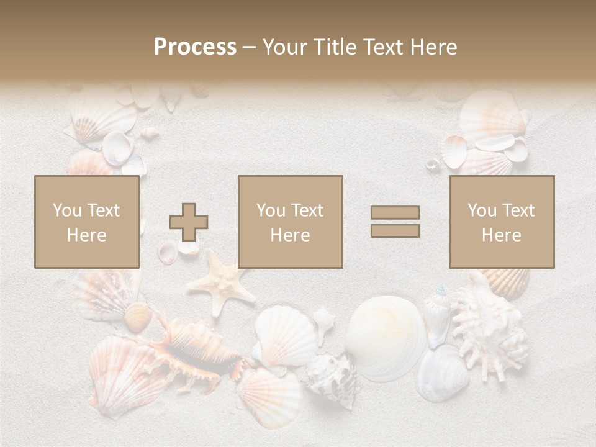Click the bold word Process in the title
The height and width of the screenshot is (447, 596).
pyautogui.click(x=195, y=47)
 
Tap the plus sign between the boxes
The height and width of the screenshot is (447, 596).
pyautogui.click(x=189, y=222)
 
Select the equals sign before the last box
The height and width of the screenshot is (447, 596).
pyautogui.click(x=395, y=222)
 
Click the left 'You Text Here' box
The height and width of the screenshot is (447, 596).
pyautogui.click(x=87, y=222)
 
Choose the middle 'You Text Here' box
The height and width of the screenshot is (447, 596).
pyautogui.click(x=291, y=222)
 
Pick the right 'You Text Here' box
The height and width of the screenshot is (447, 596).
pyautogui.click(x=502, y=222)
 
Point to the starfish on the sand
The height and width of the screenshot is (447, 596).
pyautogui.click(x=220, y=282)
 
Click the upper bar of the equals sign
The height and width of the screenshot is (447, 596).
pyautogui.click(x=395, y=212)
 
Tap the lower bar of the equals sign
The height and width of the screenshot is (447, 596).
pyautogui.click(x=395, y=230)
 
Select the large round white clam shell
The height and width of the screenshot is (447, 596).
pyautogui.click(x=385, y=338)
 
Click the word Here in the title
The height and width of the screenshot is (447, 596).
pyautogui.click(x=435, y=47)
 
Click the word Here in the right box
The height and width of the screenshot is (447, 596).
pyautogui.click(x=502, y=235)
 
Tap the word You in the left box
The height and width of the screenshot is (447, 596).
pyautogui.click(x=66, y=210)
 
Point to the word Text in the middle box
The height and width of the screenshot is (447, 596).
pyautogui.click(x=307, y=210)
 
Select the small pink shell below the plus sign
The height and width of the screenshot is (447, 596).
pyautogui.click(x=168, y=252)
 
